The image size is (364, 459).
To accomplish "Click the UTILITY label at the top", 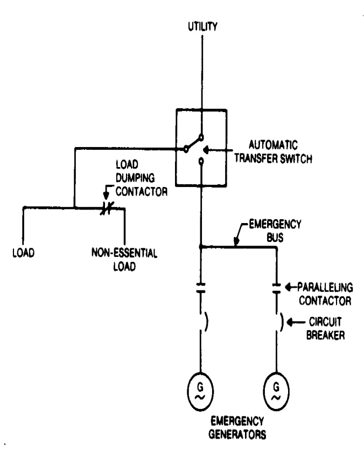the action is pos(202,26).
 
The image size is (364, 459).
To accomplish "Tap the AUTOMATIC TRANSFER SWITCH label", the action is pos(273,151).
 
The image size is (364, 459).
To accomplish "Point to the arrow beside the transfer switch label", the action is pos(218,150).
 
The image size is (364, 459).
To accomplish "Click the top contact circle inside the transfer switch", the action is pos(201,137).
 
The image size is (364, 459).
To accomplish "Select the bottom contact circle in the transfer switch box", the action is pos(201,161).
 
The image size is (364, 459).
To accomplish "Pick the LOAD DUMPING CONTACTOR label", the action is pos(141,178).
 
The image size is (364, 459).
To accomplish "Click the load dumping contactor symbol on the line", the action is pos(107,208).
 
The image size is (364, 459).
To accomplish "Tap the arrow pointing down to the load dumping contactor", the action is pos(107,192).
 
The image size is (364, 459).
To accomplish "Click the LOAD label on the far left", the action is pos(23,253).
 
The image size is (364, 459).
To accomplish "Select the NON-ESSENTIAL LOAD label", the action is pos(124,260).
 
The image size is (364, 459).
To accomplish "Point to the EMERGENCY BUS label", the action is pos(275,231).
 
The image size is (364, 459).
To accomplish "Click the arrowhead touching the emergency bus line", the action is pos(237,241).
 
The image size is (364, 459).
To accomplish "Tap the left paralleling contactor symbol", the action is pos(201,288).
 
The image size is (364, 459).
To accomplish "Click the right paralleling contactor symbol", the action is pos(277,288).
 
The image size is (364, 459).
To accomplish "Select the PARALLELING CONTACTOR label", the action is pos(325,294).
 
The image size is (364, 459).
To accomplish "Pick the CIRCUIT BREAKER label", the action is pos(325,329).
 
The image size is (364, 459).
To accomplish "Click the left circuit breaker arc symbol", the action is pos(207,322).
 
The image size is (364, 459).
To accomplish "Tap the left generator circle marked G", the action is pos(200,392).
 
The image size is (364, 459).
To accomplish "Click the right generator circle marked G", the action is pos(277,392).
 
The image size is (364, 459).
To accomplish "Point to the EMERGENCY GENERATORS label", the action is pos(237,428).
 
